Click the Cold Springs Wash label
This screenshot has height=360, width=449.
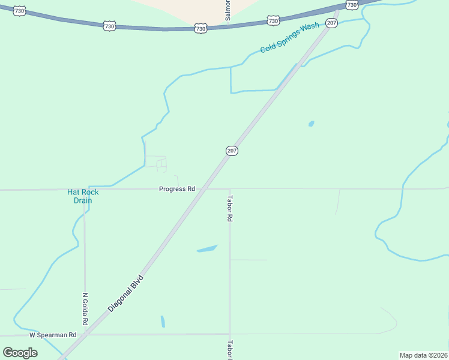[x=289, y=40]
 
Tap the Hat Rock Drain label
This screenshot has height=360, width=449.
[x=83, y=196]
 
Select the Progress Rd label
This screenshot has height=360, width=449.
[x=177, y=189]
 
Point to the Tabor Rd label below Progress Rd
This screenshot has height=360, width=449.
[x=229, y=209]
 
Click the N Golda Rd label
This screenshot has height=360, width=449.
[x=85, y=309]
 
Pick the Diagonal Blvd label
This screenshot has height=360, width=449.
[x=126, y=293]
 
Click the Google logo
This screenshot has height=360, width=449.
[x=20, y=352]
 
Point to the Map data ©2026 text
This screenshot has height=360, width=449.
[x=423, y=355]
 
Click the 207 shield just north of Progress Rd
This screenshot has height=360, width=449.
[x=232, y=151]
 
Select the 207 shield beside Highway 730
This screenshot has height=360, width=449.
[x=331, y=23]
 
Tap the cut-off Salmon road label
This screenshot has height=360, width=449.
[x=228, y=11]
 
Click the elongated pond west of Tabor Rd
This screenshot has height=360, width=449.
[x=206, y=248]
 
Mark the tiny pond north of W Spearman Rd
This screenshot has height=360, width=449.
[x=163, y=322]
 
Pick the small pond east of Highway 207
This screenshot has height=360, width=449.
[x=311, y=124]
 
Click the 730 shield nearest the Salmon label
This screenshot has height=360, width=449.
[x=201, y=28]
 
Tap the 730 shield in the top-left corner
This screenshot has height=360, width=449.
[x=19, y=11]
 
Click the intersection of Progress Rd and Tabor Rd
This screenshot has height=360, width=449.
[x=229, y=188]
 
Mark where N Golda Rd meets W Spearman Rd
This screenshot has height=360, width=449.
[x=85, y=334]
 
